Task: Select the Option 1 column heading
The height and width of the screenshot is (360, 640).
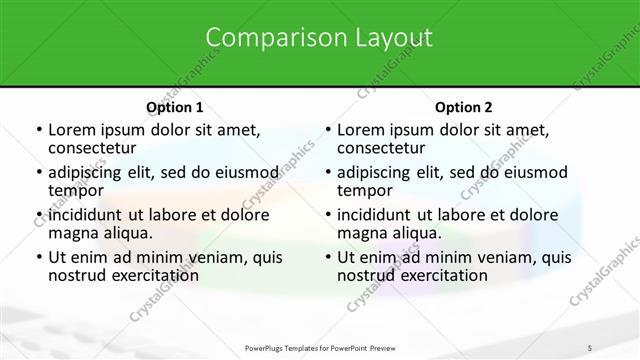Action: click(175, 107)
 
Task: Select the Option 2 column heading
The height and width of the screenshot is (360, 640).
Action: click(464, 107)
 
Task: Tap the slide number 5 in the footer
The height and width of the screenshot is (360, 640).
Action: click(589, 347)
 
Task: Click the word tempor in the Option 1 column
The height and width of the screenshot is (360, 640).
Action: click(76, 190)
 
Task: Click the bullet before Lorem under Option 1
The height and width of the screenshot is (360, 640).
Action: click(38, 130)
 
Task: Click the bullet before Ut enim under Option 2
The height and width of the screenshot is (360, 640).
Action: click(327, 257)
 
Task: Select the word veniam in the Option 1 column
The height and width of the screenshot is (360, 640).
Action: click(224, 257)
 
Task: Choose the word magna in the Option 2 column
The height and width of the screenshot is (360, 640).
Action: click(360, 232)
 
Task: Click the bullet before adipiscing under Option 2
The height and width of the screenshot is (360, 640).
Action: click(327, 172)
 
